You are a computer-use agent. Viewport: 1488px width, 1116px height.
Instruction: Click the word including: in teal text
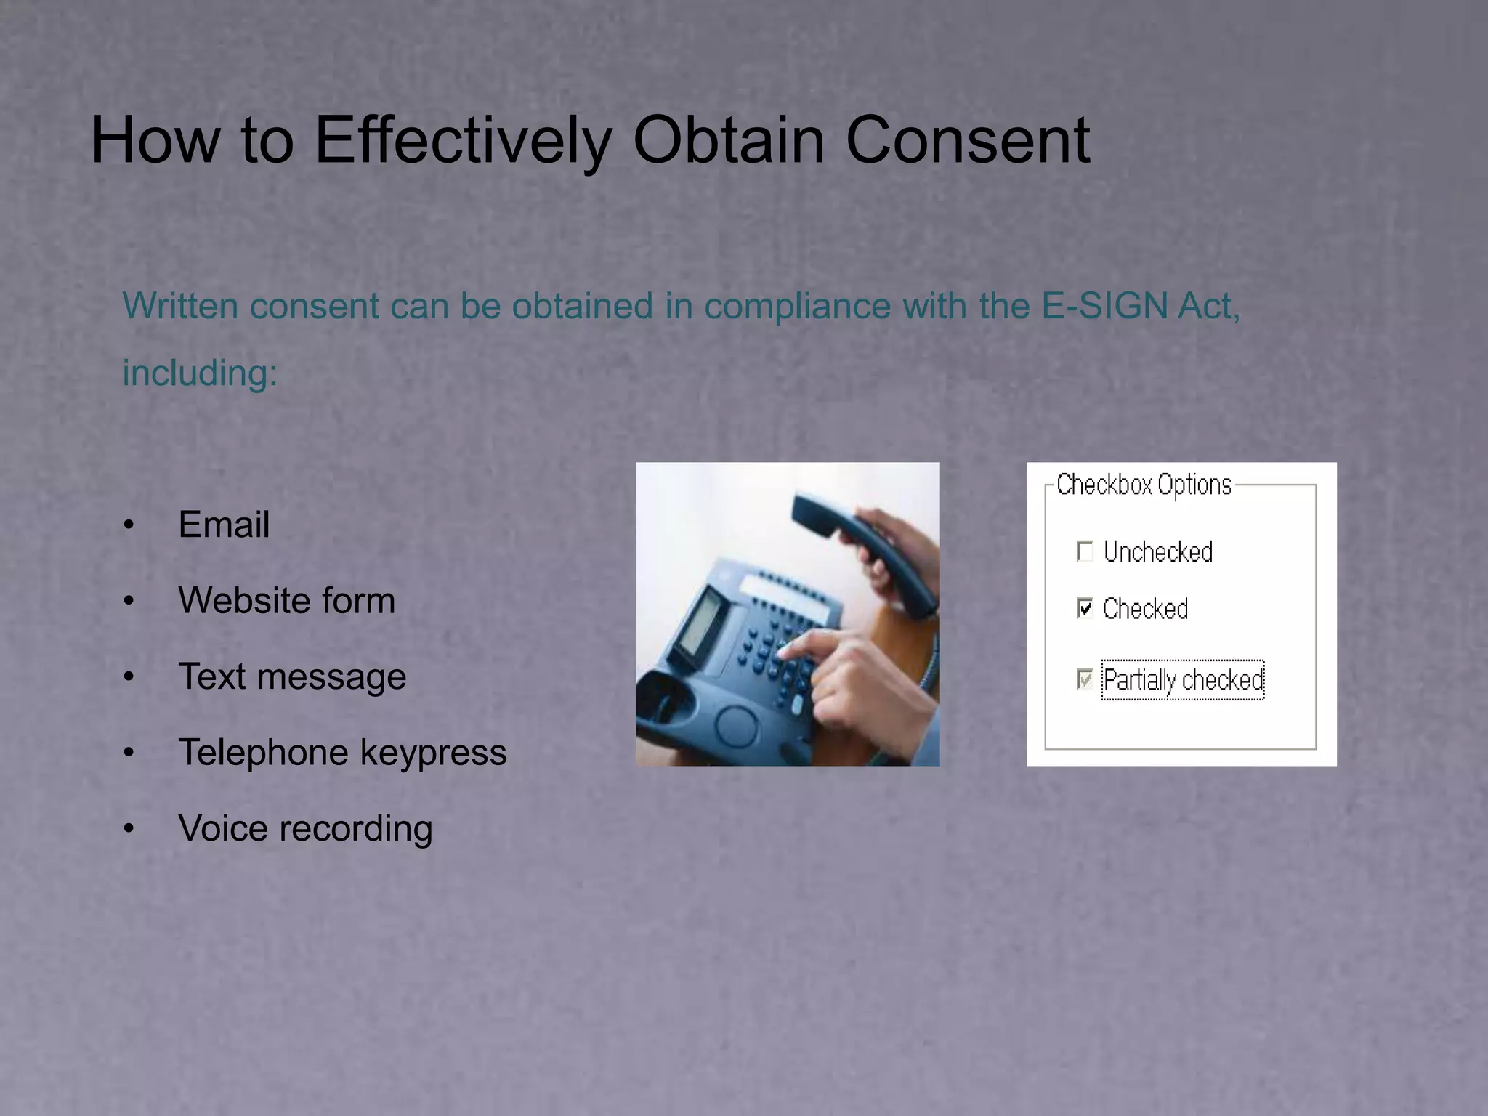(x=200, y=373)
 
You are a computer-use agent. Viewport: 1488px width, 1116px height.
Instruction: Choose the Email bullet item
(x=224, y=525)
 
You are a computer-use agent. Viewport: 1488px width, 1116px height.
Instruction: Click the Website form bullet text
(x=286, y=601)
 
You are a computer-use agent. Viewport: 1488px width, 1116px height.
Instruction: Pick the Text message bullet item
(x=292, y=676)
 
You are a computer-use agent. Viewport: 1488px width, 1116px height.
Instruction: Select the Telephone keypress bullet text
(x=342, y=752)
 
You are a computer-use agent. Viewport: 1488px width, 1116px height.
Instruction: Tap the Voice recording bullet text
(x=305, y=828)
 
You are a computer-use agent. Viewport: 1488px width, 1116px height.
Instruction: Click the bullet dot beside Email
(x=129, y=525)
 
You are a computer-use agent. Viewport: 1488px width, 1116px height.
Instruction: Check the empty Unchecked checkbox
(x=1085, y=551)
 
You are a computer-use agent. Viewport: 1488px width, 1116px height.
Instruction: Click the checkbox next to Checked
(x=1085, y=607)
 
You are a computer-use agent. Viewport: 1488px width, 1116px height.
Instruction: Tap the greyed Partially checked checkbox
(x=1085, y=679)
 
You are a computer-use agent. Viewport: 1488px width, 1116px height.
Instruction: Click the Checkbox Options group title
(x=1144, y=485)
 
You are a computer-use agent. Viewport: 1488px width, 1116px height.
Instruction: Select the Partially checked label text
(x=1183, y=680)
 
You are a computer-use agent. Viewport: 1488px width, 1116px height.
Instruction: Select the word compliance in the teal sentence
(x=797, y=306)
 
